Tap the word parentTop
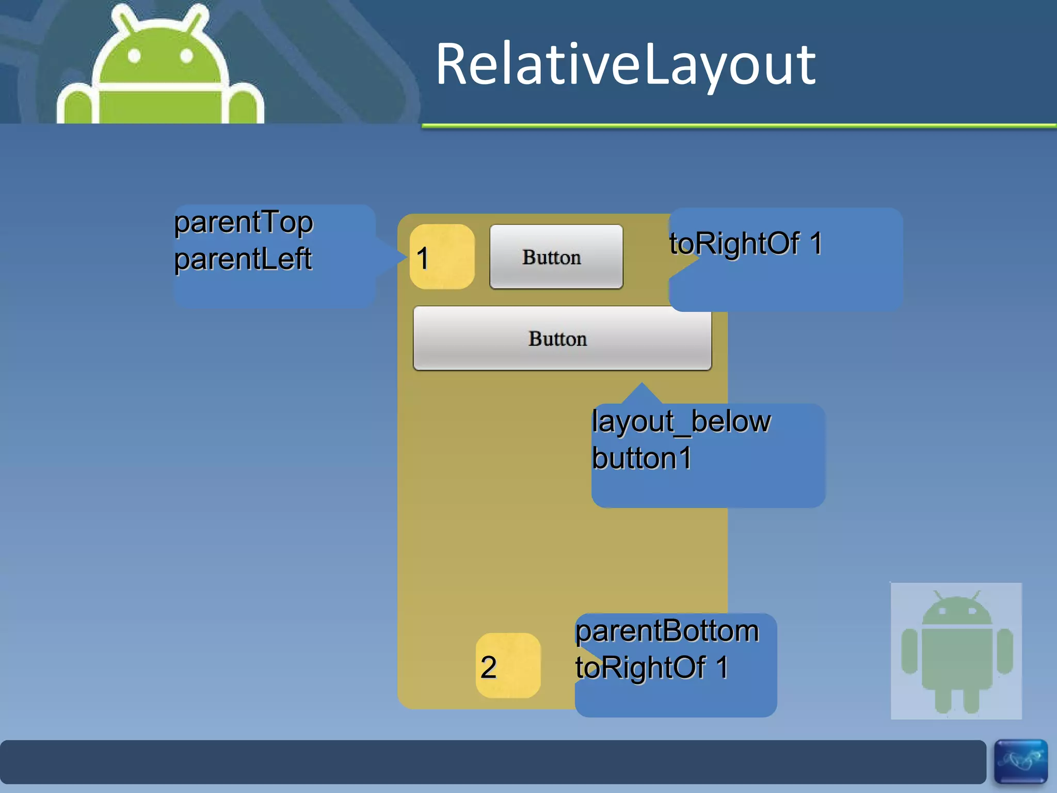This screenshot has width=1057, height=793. tap(243, 223)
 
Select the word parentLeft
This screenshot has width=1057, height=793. tap(243, 259)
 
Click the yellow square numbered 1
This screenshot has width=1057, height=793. tap(442, 257)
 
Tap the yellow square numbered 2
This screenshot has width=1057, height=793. tap(508, 665)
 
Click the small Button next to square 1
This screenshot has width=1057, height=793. tap(556, 257)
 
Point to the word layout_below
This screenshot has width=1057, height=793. tap(681, 421)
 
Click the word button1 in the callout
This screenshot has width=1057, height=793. tap(642, 458)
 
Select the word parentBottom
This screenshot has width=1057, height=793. tap(667, 631)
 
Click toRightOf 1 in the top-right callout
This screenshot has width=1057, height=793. tap(746, 243)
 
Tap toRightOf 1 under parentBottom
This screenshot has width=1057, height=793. tap(651, 668)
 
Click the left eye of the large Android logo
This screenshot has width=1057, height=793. tap(134, 56)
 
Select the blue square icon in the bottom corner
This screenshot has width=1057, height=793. tap(1020, 762)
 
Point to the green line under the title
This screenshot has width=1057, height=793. tap(738, 125)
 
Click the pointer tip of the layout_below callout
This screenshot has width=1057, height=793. tap(642, 384)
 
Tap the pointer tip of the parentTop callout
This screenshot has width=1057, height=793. tap(406, 256)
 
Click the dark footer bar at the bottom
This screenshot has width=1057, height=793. tap(490, 762)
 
